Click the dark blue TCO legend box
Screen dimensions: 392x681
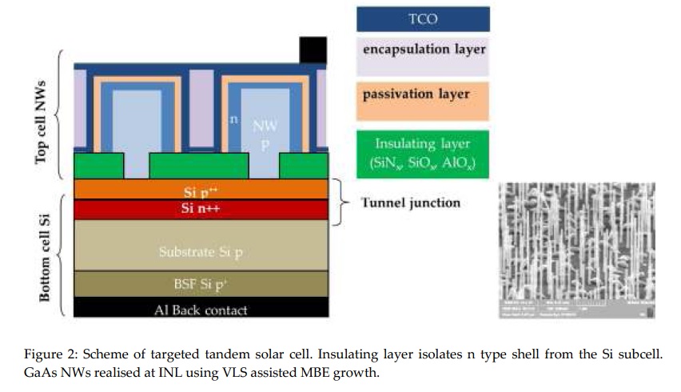click(x=423, y=18)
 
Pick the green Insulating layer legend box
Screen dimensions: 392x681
click(x=423, y=154)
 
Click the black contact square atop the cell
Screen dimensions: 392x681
click(x=313, y=50)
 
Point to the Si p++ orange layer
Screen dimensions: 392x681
click(x=201, y=190)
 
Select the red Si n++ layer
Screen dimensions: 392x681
click(x=201, y=210)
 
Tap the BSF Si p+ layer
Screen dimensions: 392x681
click(x=201, y=284)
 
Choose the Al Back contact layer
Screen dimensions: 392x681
click(x=201, y=309)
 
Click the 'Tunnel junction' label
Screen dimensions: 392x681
click(x=410, y=202)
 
